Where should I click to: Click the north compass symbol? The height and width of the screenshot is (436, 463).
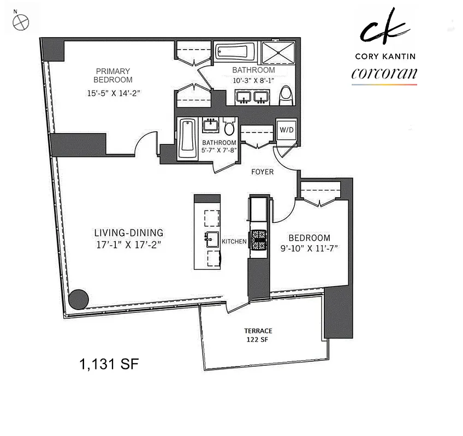point(20,22)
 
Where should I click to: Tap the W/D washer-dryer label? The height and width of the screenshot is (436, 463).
point(286,130)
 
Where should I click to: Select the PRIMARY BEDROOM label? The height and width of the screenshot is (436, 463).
point(113,75)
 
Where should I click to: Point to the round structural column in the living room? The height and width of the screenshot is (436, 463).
point(78,299)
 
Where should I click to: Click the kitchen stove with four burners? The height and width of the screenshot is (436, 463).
point(258,240)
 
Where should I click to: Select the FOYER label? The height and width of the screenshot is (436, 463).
point(262,172)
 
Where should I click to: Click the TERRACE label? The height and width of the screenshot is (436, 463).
point(258,331)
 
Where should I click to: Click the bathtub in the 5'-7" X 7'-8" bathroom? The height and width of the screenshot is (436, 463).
point(187,137)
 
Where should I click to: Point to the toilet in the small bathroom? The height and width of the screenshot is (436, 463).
point(229,127)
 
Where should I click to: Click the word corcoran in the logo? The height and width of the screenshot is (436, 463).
point(384,74)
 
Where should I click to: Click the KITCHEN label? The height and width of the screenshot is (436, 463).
point(234,241)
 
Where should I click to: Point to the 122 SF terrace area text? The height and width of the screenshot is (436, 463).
point(258,340)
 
